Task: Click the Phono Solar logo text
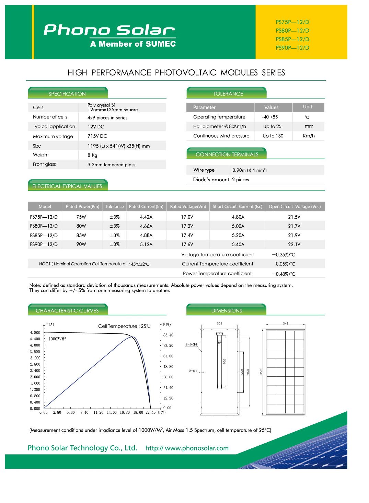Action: [x=109, y=30]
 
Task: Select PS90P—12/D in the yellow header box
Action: [x=292, y=48]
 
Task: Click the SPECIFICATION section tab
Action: [x=67, y=94]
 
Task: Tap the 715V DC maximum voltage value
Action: [x=97, y=136]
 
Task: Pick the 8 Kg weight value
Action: [x=92, y=155]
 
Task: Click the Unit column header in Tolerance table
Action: [x=308, y=107]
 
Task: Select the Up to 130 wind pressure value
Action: [x=273, y=136]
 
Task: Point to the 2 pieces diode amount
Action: [x=241, y=180]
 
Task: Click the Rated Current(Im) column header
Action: [x=146, y=206]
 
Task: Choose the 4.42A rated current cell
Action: [x=146, y=217]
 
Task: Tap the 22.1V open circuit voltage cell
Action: [x=294, y=244]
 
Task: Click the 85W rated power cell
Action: [x=81, y=235]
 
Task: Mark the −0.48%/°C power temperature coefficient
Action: [x=284, y=274]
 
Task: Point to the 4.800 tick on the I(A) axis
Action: [x=35, y=333]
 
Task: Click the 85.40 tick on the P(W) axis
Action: [x=168, y=335]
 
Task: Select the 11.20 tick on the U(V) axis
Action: [x=98, y=413]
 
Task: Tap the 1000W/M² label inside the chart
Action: [x=57, y=339]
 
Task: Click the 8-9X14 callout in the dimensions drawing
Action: [x=191, y=344]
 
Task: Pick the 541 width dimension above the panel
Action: [x=285, y=323]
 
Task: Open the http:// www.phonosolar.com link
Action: [x=187, y=448]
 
